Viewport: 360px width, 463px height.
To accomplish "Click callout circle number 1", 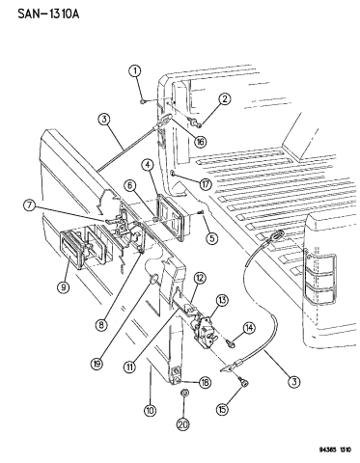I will coord(136,70).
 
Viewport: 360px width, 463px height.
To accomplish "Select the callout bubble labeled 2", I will coord(223,98).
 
